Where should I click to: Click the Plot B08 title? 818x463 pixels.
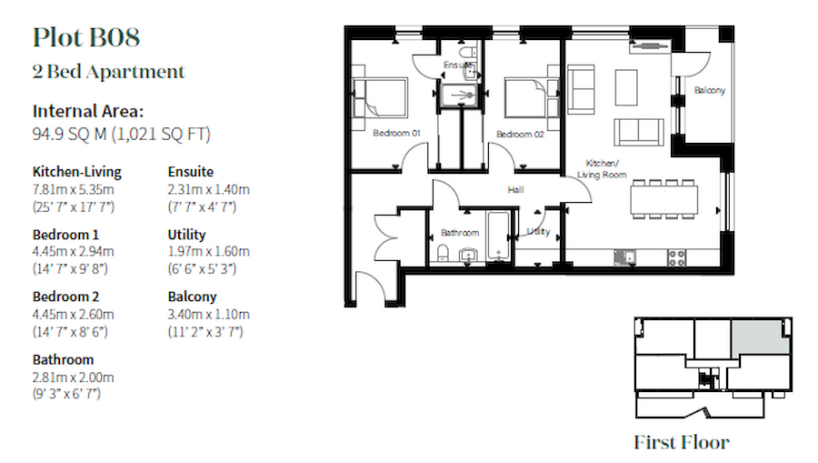point(85,38)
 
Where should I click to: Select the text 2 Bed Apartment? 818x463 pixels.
point(108,72)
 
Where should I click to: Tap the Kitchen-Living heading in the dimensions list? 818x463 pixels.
point(76,171)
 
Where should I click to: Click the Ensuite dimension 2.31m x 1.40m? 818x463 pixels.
point(209,189)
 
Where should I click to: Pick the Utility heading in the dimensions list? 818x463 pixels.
point(187,235)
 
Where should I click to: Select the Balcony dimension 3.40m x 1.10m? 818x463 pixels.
point(209,315)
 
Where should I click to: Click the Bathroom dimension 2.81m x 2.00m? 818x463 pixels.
point(74,377)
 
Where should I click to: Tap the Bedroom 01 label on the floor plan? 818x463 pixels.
point(396,134)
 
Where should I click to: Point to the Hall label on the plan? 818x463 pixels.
point(516,190)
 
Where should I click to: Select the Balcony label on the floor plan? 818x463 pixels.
point(709,90)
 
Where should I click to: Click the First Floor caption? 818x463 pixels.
point(682,443)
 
